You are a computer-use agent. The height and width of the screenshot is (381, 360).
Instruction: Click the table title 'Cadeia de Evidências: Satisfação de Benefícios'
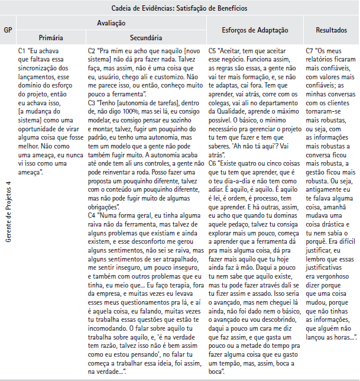[x=180, y=8]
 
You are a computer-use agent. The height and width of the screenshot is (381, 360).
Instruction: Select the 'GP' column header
[x=8, y=30]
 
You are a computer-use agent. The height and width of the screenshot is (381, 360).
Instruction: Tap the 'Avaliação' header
[x=111, y=22]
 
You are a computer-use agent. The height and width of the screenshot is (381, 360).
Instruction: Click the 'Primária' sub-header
[x=51, y=37]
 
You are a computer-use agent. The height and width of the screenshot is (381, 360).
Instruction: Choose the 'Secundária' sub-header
[x=145, y=37]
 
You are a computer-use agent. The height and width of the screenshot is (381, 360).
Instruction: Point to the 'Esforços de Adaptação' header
[x=254, y=30]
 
